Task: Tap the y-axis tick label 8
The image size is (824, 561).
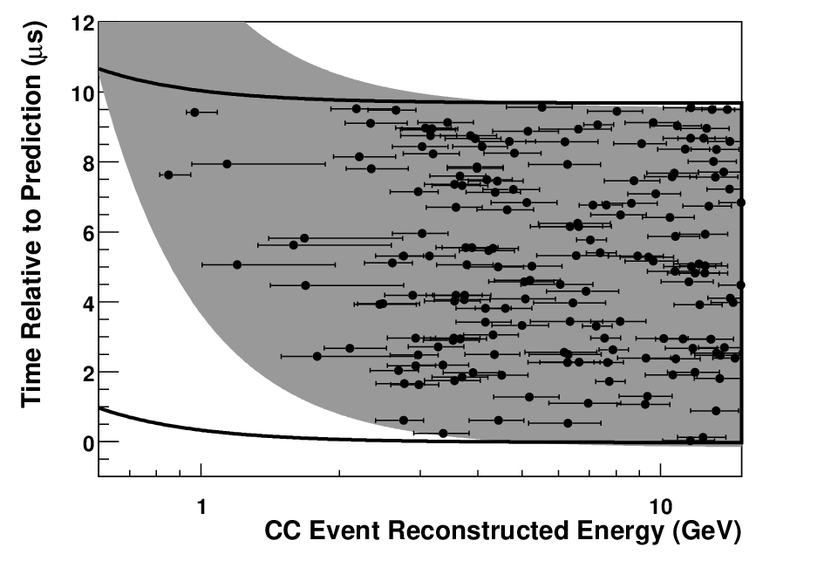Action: (x=88, y=163)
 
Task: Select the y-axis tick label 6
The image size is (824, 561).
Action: (x=88, y=234)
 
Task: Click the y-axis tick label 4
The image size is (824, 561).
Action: (x=88, y=304)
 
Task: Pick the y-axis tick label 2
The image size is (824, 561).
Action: (x=88, y=373)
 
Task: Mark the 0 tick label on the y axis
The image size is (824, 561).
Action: (x=88, y=443)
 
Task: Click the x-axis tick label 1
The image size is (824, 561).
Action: (x=201, y=507)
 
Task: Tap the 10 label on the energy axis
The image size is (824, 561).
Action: (x=660, y=507)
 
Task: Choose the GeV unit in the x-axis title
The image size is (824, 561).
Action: (x=706, y=532)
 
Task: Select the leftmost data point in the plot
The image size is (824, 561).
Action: (x=168, y=174)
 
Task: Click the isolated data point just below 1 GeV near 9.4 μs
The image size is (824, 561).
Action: (x=194, y=112)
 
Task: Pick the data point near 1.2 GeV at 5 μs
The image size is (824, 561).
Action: (x=237, y=264)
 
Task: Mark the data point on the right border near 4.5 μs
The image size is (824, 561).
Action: (x=740, y=285)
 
